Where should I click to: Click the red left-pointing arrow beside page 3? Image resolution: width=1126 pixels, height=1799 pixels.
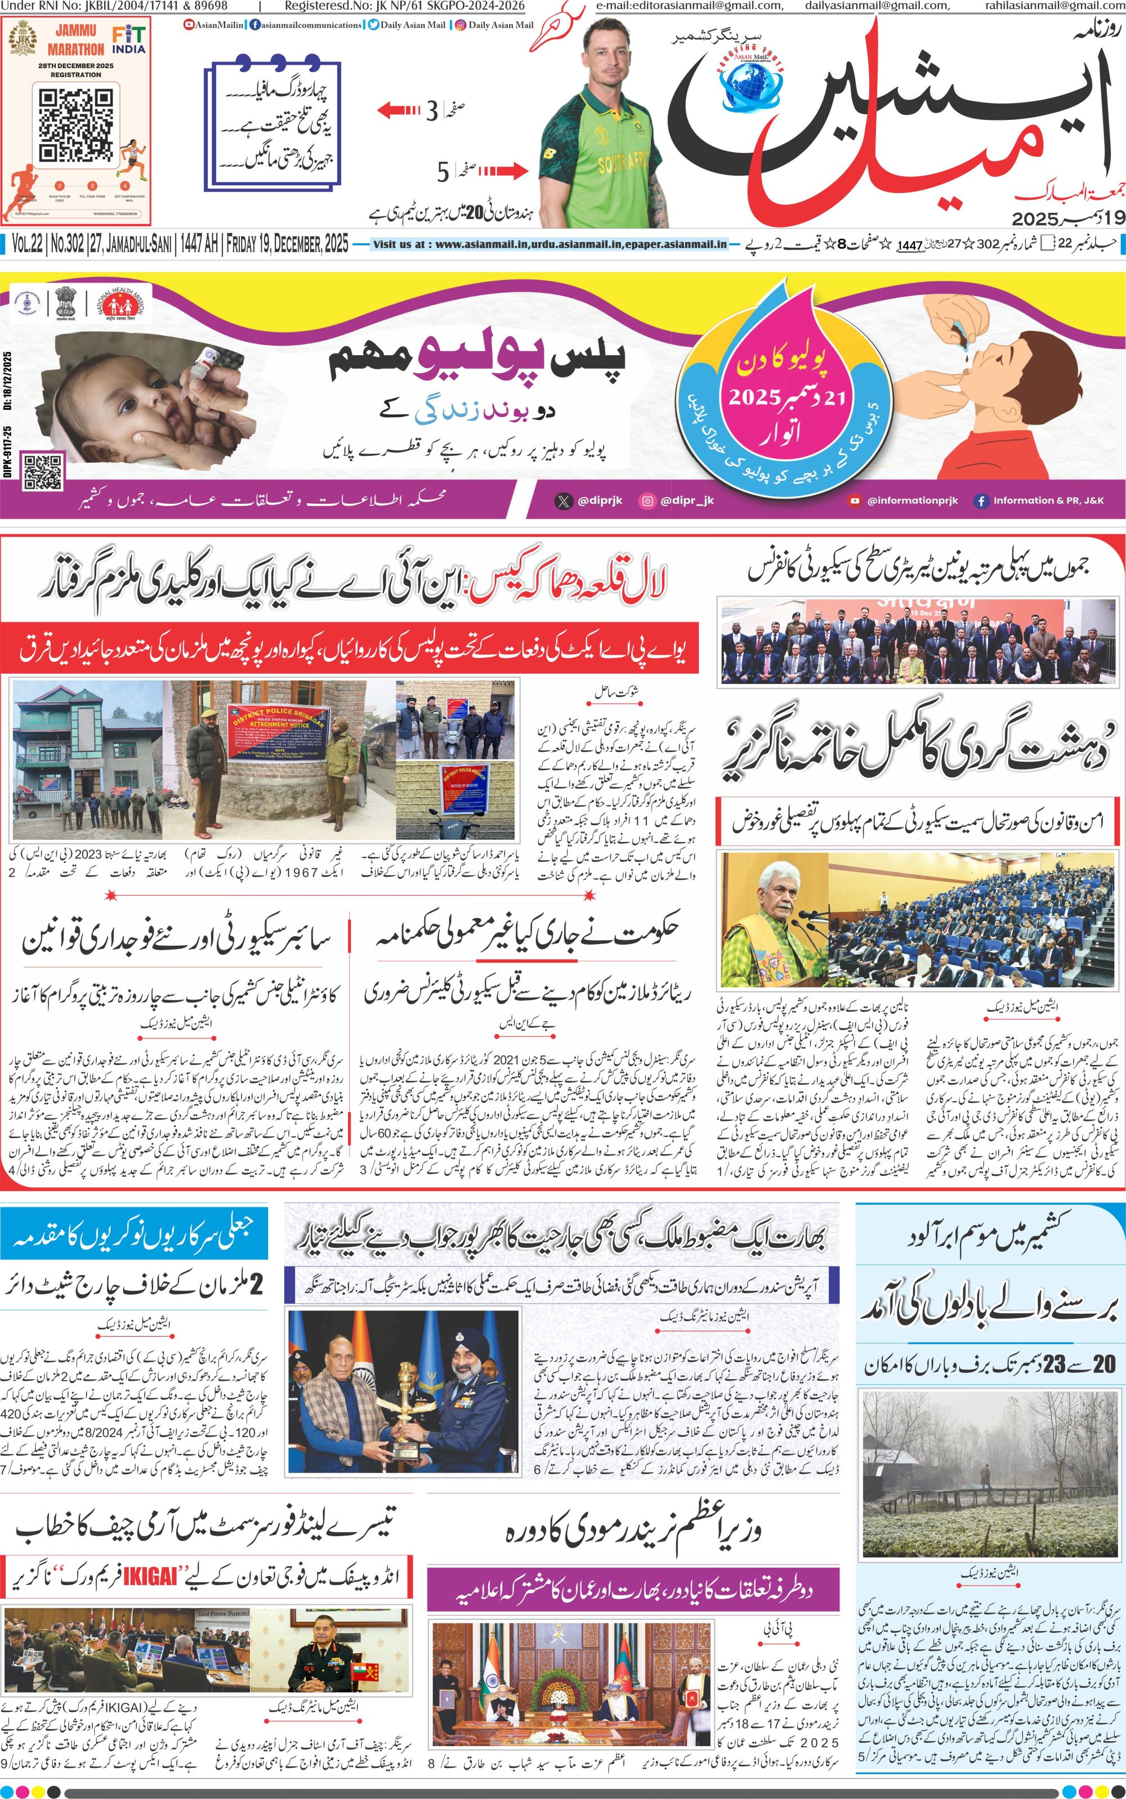(399, 111)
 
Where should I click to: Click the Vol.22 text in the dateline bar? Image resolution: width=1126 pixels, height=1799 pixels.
(27, 244)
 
